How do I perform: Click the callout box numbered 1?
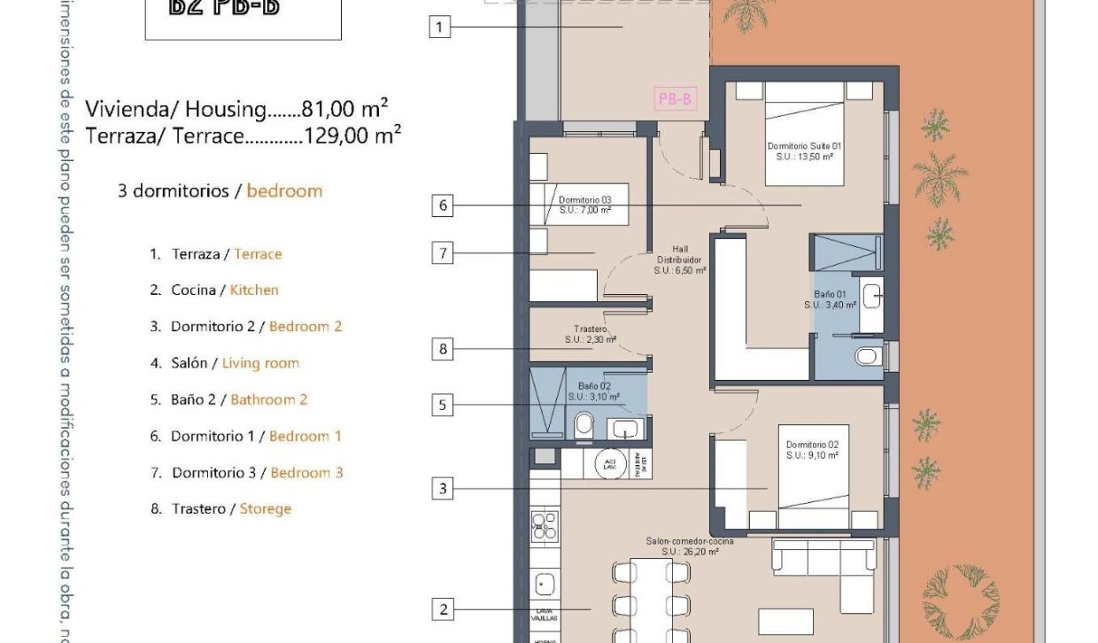click(x=440, y=27)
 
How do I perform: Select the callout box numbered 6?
click(x=444, y=206)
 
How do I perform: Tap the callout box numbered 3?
click(x=444, y=488)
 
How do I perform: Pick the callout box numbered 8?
click(x=444, y=349)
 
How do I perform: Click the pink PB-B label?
click(x=675, y=99)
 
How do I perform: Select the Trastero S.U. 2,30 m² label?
click(x=590, y=334)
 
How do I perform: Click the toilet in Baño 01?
click(x=866, y=356)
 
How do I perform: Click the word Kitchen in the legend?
click(x=254, y=290)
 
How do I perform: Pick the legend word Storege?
click(x=265, y=508)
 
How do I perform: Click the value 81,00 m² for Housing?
click(x=344, y=109)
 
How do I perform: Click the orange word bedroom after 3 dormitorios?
click(x=284, y=190)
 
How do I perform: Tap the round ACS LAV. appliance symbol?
click(x=609, y=464)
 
